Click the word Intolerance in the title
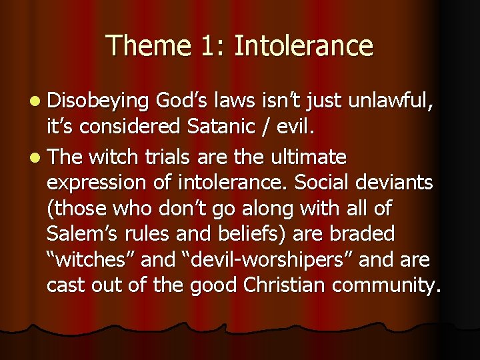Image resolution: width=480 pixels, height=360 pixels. click(304, 46)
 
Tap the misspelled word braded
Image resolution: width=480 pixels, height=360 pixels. click(365, 233)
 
